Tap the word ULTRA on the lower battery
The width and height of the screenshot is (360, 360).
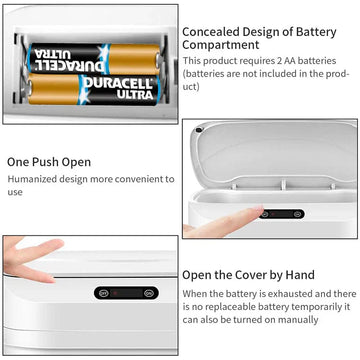(x=135, y=95)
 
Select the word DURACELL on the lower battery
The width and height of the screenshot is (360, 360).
(x=118, y=83)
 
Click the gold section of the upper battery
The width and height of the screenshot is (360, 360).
(x=134, y=59)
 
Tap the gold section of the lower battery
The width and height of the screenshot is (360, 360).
(x=54, y=89)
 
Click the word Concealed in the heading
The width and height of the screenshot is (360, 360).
(x=211, y=32)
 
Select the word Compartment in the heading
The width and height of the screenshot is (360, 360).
(x=221, y=45)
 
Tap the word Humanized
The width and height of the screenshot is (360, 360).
(x=32, y=179)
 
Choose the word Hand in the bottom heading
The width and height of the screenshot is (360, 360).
(x=300, y=275)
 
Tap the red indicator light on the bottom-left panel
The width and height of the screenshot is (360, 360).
(x=116, y=293)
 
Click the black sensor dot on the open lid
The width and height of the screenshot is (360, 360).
(x=199, y=130)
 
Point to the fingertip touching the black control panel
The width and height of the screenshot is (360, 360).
(x=259, y=211)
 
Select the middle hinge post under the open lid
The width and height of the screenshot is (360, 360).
(x=283, y=185)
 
